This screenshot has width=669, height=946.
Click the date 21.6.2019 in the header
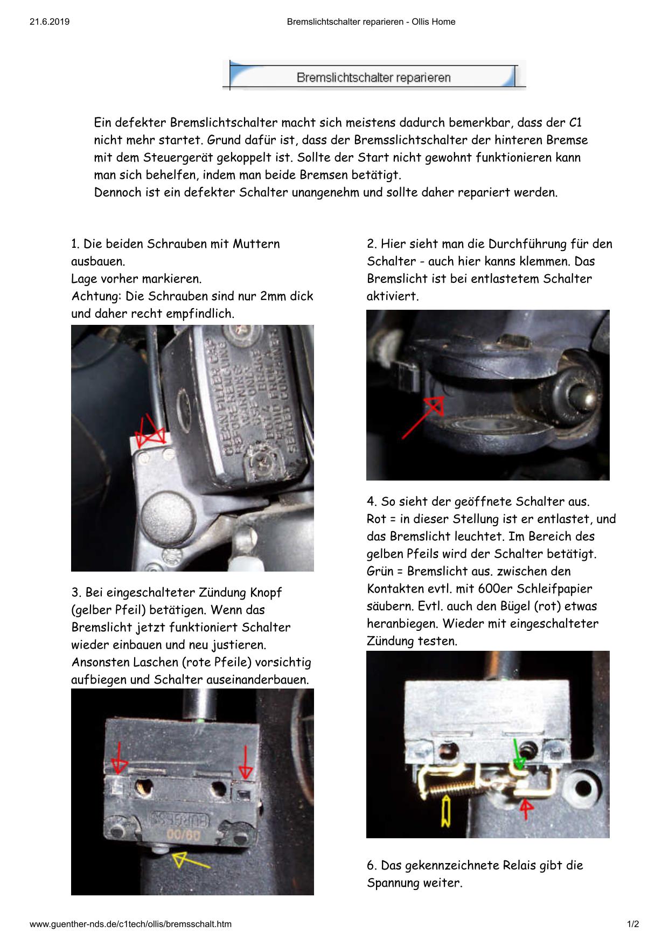[50, 22]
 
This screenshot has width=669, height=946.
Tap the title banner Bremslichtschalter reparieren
[373, 78]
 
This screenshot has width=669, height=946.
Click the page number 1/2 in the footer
[633, 924]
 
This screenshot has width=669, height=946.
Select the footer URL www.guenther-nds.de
[130, 924]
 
